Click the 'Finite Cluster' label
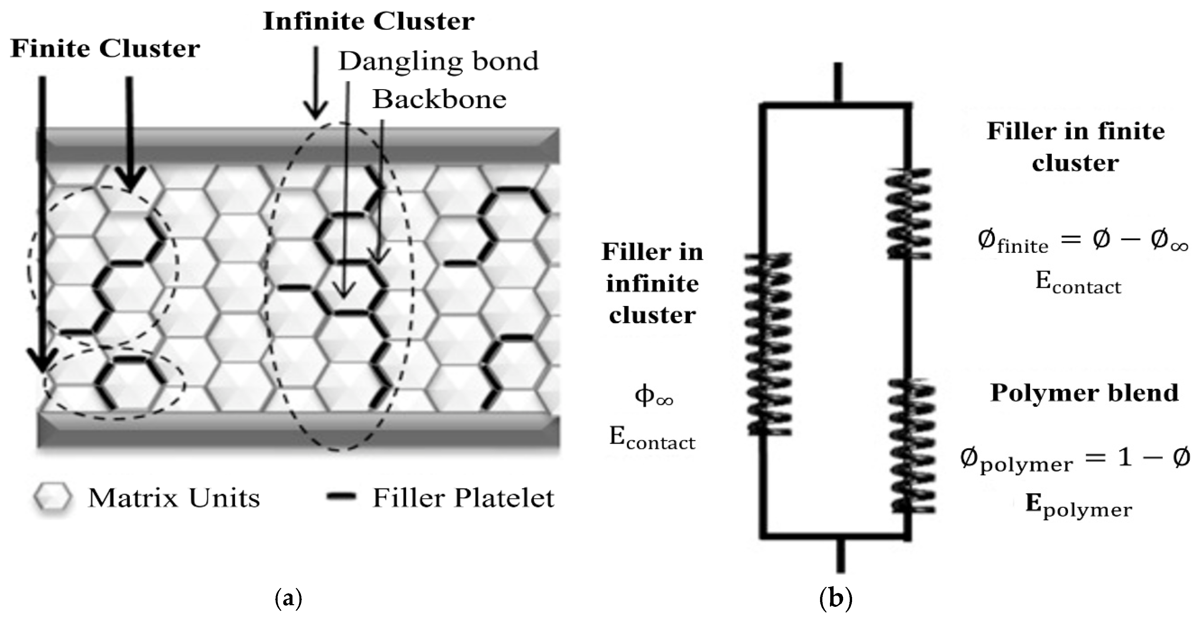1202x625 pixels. coord(105,49)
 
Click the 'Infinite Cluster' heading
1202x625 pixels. coord(369,21)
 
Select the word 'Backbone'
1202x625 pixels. coord(439,99)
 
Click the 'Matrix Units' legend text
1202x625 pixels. coord(174,498)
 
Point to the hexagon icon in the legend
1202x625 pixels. coord(53,498)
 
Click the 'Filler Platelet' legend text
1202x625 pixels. coord(463,498)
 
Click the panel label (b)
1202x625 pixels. coord(835,598)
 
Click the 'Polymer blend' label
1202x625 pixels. coord(1084,393)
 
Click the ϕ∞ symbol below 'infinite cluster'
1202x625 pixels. coord(653,396)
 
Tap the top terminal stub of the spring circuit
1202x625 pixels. coord(838,82)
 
